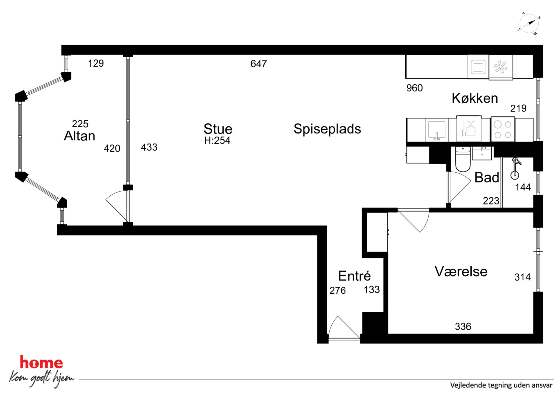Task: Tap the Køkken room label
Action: [x=475, y=98]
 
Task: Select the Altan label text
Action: [x=80, y=136]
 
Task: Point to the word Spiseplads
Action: [x=327, y=129]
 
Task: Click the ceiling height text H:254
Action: [x=217, y=140]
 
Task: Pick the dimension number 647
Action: [x=258, y=64]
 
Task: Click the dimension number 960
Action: [x=415, y=88]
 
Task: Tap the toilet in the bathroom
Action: [x=463, y=159]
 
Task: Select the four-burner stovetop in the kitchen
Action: [x=503, y=129]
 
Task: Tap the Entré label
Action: [x=354, y=276]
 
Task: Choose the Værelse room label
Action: [x=461, y=271]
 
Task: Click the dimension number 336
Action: [x=463, y=327]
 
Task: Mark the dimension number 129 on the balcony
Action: [x=96, y=63]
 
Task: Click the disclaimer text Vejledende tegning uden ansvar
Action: [x=501, y=385]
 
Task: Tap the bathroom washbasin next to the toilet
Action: [x=482, y=153]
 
